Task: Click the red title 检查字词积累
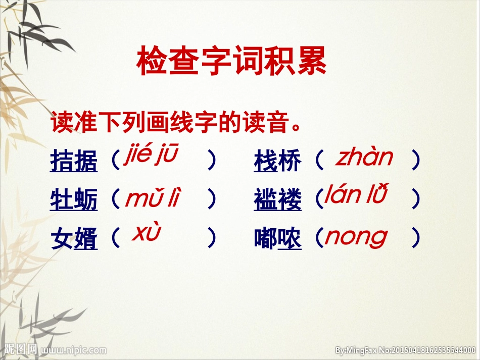232,62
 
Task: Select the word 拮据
74,162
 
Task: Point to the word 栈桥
277,162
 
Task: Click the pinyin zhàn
364,158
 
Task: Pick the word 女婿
74,238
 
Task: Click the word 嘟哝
277,238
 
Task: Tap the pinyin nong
356,236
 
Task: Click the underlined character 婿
86,238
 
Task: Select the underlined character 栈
266,162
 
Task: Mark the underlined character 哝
290,238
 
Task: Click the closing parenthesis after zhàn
415,161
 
